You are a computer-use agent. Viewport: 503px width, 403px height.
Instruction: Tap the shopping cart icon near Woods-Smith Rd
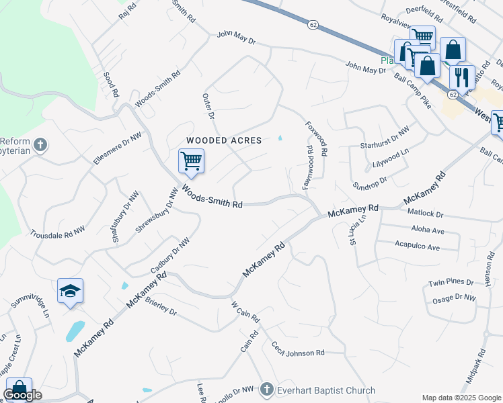point(192,161)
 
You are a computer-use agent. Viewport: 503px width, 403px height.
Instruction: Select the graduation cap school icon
point(71,291)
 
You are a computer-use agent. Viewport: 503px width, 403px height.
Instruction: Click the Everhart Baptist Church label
point(327,390)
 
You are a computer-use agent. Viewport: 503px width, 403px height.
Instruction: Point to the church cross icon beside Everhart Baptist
point(267,390)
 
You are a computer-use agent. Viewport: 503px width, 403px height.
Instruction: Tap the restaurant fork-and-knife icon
point(461,76)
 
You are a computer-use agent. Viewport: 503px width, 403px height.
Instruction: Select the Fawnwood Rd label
point(307,167)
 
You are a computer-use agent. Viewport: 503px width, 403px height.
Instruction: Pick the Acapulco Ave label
point(417,247)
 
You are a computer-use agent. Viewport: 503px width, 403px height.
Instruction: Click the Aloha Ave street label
point(420,230)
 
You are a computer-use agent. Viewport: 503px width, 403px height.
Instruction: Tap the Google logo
point(22,395)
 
